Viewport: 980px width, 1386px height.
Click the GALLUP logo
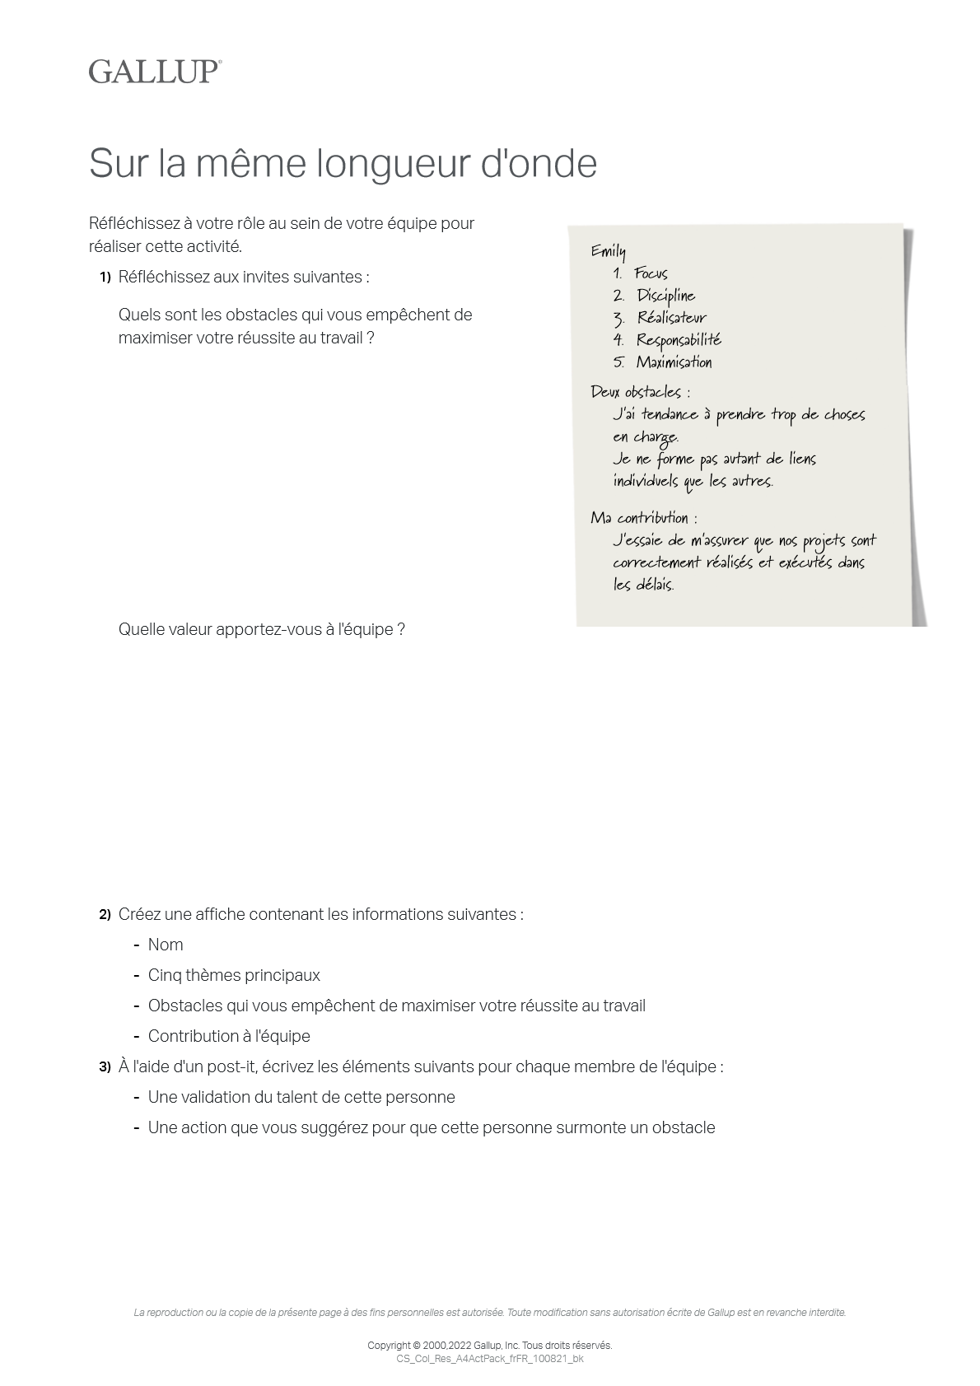coord(155,72)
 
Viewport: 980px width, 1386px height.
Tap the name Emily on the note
coord(608,251)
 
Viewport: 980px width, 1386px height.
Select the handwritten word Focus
coord(651,273)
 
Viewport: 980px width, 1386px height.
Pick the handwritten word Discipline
coord(665,296)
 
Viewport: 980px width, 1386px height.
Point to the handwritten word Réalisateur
coord(671,318)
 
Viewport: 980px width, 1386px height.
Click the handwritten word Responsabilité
coord(679,340)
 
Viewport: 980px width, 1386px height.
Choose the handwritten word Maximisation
coord(674,362)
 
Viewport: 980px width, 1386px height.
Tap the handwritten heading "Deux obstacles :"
coord(640,392)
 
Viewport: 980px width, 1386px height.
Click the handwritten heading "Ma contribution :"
coord(643,518)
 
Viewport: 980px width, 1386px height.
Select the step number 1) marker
coord(105,278)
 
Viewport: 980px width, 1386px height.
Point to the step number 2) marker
coord(105,915)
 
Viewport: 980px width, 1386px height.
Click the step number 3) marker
coord(105,1067)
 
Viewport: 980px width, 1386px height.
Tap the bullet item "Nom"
coord(166,945)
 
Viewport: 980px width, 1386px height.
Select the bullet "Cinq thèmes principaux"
coord(234,976)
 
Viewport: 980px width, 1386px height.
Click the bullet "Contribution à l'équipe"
coord(229,1037)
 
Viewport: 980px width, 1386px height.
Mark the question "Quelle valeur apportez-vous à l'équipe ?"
coord(261,630)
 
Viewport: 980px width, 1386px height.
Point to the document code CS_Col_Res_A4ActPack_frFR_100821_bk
coord(490,1359)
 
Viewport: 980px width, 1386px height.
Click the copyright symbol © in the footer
coord(416,1346)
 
